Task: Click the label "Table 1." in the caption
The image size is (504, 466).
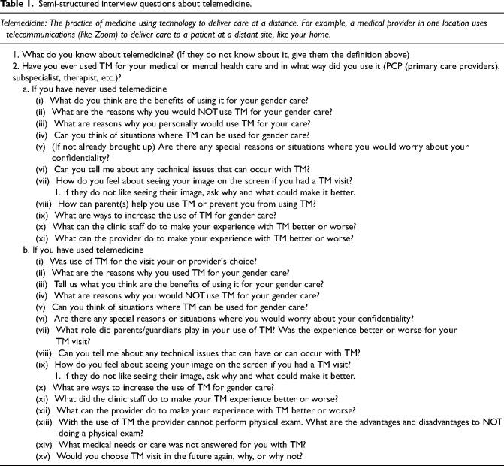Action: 17,7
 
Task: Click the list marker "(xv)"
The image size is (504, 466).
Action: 35,452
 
